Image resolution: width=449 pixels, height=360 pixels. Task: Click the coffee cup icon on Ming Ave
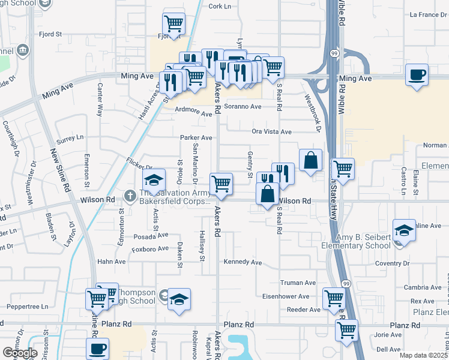(x=417, y=75)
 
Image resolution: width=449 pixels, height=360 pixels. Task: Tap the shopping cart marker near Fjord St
(x=173, y=25)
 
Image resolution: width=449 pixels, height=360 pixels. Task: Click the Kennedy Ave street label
(x=243, y=262)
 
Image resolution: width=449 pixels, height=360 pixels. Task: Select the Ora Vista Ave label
(x=271, y=131)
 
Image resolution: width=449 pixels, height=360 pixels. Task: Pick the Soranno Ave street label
(x=243, y=106)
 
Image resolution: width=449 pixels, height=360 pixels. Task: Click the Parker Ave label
(x=196, y=137)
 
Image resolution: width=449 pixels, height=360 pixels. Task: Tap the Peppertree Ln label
(x=29, y=306)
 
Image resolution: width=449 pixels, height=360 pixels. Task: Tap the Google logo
(x=20, y=353)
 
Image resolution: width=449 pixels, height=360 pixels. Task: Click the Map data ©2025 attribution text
(x=424, y=355)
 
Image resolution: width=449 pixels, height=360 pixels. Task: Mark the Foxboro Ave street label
(x=150, y=248)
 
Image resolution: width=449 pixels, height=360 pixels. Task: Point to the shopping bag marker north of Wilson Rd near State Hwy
(x=310, y=160)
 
